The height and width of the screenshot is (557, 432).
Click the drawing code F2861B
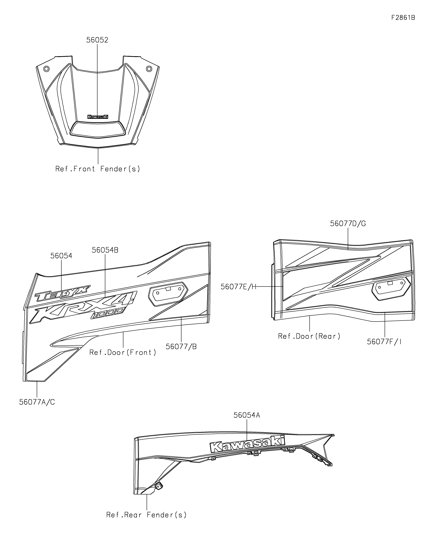[x=403, y=18]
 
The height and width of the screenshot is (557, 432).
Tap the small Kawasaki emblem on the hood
[x=98, y=117]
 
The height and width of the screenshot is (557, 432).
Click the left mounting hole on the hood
[x=46, y=69]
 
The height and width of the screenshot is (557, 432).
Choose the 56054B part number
[x=105, y=250]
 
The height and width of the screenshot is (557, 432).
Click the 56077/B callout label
[x=181, y=347]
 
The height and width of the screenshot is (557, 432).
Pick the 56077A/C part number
[x=37, y=402]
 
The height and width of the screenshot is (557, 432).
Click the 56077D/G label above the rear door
[x=348, y=224]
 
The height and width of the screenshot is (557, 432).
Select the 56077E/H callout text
[x=238, y=287]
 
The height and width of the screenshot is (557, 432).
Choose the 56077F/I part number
[x=384, y=342]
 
